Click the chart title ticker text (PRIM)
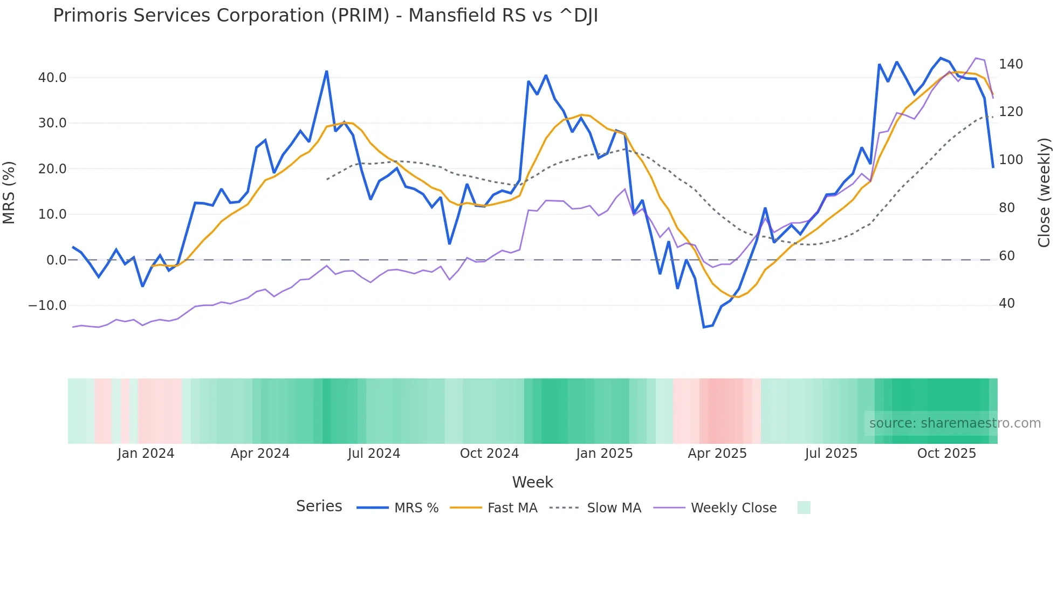pyautogui.click(x=360, y=16)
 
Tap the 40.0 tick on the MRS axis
pyautogui.click(x=52, y=78)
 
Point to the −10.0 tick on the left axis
pyautogui.click(x=47, y=306)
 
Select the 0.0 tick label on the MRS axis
pyautogui.click(x=57, y=260)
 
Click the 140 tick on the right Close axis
pyautogui.click(x=1011, y=64)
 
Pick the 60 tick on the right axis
pyautogui.click(x=1007, y=256)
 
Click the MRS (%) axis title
pyautogui.click(x=9, y=192)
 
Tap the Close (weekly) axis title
pyautogui.click(x=1044, y=193)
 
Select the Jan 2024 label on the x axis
pyautogui.click(x=146, y=454)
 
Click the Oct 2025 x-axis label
pyautogui.click(x=946, y=454)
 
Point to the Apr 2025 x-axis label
pyautogui.click(x=717, y=454)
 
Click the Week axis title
pyautogui.click(x=532, y=482)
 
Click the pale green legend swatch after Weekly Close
pyautogui.click(x=804, y=508)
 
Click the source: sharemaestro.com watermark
pyautogui.click(x=955, y=423)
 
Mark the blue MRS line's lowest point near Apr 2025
pyautogui.click(x=704, y=327)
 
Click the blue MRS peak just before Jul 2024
pyautogui.click(x=327, y=71)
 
